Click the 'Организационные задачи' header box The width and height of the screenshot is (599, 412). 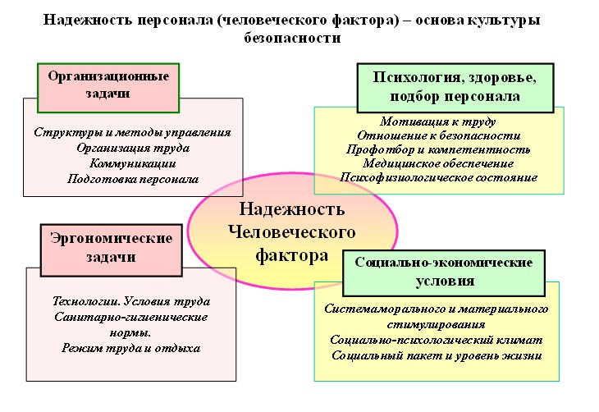108,85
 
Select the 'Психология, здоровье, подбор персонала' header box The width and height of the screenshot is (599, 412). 455,87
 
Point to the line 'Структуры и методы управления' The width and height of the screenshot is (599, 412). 133,132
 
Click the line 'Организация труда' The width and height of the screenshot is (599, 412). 133,148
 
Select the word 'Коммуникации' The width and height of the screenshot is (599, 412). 133,163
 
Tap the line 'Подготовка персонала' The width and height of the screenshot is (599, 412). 133,179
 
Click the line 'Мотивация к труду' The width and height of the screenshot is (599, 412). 438,121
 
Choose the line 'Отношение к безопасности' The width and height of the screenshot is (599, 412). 438,135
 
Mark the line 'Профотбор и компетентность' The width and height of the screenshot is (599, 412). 438,149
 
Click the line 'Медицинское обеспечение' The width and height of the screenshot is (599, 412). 438,163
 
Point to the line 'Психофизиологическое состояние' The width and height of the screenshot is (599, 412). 438,177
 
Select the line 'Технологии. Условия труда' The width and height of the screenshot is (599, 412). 130,301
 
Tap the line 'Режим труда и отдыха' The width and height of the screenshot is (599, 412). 130,348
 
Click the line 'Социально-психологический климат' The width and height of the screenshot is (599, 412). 436,340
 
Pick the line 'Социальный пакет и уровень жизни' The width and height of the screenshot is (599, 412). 436,355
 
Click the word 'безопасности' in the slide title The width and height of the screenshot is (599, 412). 292,38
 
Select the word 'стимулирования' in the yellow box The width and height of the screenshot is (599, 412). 436,324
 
